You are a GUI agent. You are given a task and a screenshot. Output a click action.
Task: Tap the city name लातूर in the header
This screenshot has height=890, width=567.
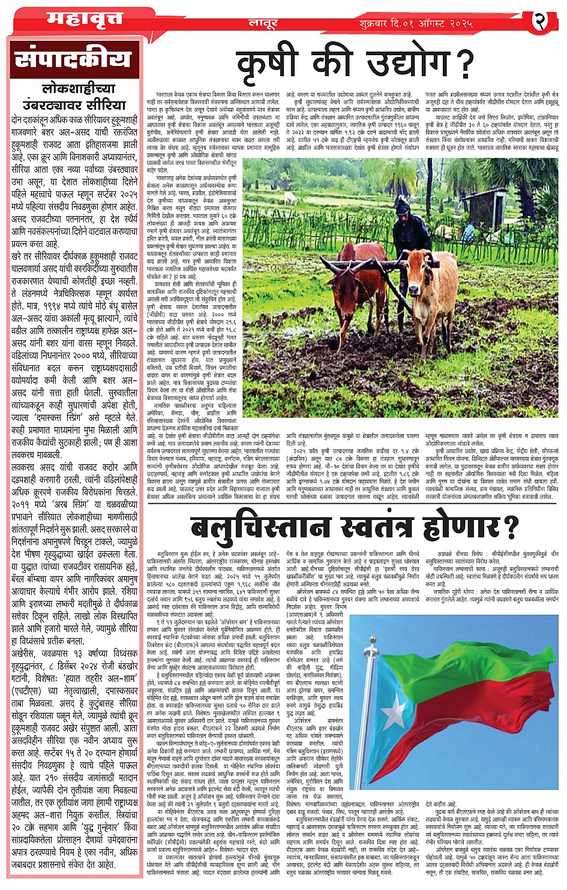263,23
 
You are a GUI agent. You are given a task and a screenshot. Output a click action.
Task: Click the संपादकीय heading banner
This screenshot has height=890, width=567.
73,60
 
